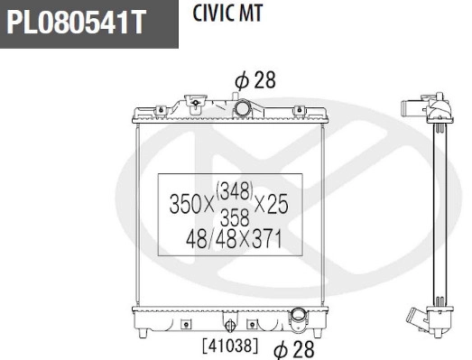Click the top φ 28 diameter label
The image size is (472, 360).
click(255, 80)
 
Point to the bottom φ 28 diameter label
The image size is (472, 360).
click(292, 346)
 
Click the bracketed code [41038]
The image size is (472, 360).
click(230, 345)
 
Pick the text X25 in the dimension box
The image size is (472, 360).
click(273, 205)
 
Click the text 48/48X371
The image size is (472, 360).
click(235, 240)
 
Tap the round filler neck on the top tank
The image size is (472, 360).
click(244, 108)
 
